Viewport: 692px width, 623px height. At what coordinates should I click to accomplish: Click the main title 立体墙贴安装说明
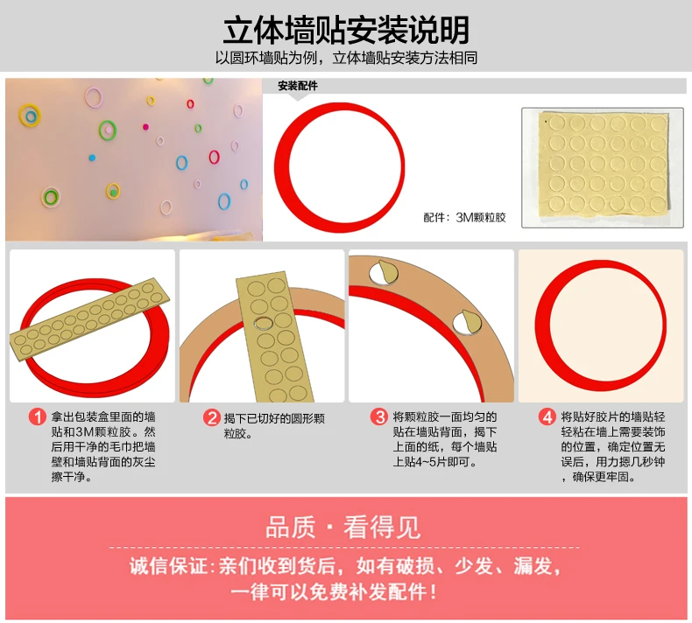346,30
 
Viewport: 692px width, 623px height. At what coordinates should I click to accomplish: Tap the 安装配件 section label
298,86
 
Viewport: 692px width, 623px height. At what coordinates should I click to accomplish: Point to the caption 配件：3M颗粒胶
464,217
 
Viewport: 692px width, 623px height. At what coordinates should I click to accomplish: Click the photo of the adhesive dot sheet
603,167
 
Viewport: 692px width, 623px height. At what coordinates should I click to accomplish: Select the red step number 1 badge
37,416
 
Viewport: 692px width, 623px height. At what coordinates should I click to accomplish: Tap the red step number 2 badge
212,417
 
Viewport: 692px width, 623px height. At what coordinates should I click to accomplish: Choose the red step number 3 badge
379,416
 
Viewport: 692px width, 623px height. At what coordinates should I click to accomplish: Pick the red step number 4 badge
547,416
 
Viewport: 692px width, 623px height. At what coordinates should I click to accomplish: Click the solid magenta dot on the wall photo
145,127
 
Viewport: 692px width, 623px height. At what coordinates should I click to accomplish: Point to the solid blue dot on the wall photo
92,157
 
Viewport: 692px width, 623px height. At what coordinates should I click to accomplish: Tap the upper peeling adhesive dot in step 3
384,272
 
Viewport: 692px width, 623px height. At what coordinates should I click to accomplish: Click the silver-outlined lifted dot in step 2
264,323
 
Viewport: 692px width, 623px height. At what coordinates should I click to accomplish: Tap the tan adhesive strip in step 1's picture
89,319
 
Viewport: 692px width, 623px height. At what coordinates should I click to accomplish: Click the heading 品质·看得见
342,528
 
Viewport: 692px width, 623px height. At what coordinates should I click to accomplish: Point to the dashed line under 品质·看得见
344,547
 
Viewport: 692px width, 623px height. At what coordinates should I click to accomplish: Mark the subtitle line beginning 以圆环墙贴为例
347,58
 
